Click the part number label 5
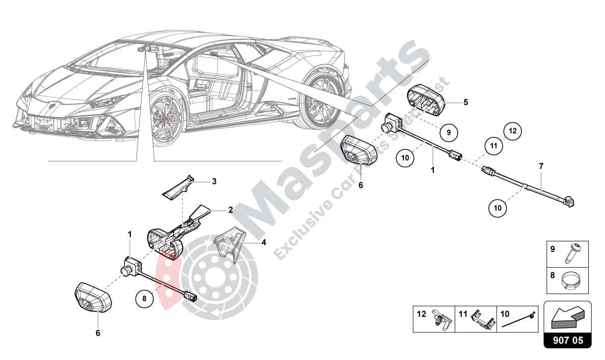click(x=465, y=102)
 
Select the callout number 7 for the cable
click(x=541, y=166)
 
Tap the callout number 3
click(x=214, y=181)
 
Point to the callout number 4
click(x=264, y=242)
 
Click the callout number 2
click(x=230, y=209)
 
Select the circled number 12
click(x=512, y=131)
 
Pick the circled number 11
click(x=493, y=145)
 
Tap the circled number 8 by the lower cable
click(x=145, y=299)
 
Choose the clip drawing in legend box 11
click(x=481, y=320)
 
